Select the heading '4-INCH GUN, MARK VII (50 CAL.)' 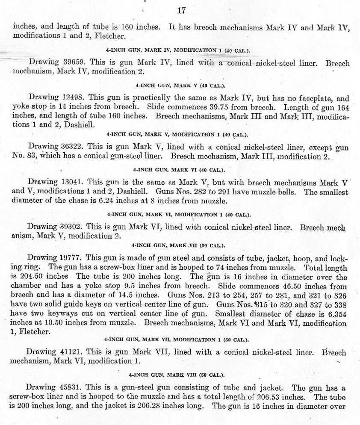(x=179, y=246)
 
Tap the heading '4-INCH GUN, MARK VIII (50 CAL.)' (x=179, y=375)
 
